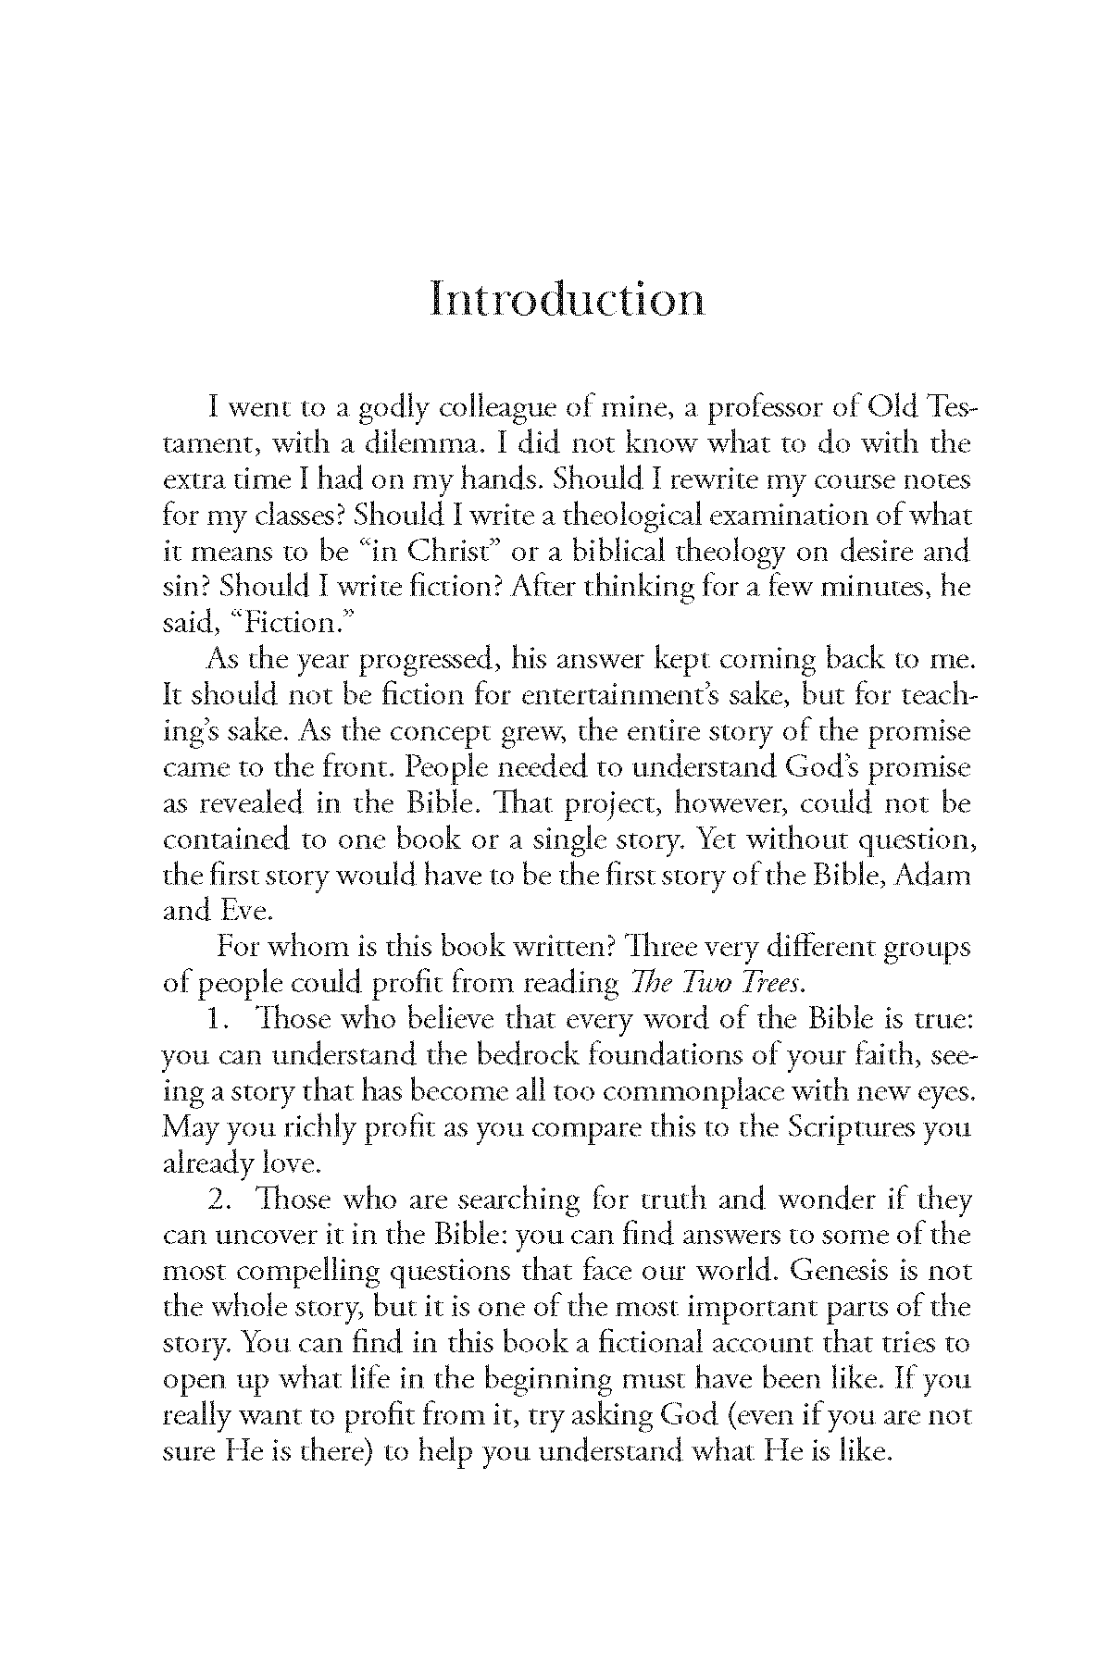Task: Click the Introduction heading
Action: tap(567, 300)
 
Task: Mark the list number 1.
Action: tap(218, 1019)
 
